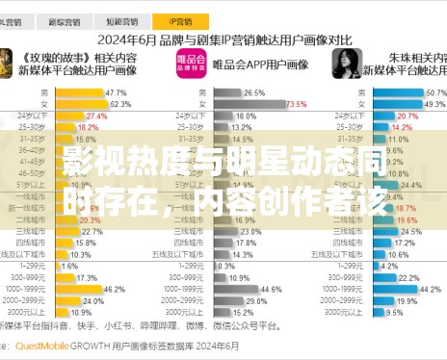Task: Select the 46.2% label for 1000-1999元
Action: pos(114,288)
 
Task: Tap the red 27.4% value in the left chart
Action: pos(96,116)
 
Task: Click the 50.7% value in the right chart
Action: pos(434,91)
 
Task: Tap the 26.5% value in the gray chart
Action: pos(254,91)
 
